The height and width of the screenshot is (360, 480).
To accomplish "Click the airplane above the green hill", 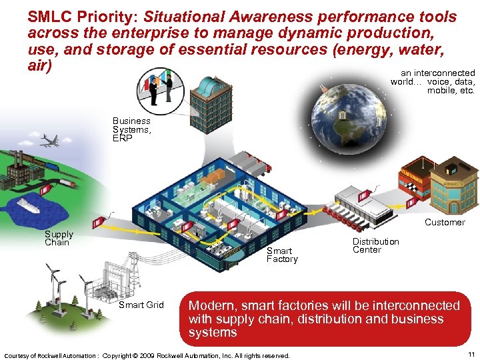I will [50, 141].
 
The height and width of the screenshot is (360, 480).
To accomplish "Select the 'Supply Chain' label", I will [59, 238].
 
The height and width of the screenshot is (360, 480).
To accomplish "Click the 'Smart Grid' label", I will [141, 305].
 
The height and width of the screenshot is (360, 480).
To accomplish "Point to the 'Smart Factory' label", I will [282, 255].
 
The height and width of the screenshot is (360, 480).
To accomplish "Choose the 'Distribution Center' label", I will [375, 245].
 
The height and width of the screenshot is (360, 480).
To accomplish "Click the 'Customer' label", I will [445, 222].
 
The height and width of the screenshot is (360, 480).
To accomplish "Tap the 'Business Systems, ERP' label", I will [131, 129].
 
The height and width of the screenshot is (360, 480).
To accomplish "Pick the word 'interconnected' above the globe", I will [445, 73].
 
